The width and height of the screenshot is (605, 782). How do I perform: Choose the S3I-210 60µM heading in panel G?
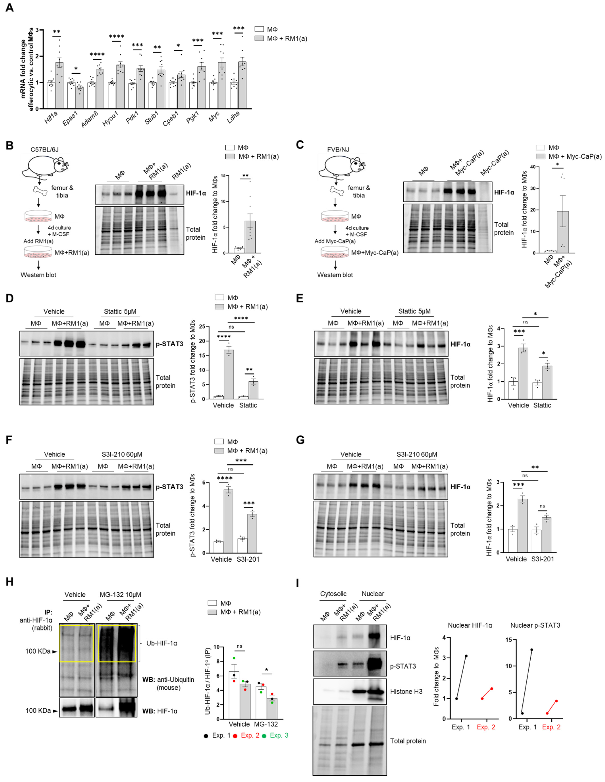(x=417, y=454)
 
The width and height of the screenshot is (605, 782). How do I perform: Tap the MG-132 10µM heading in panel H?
(x=120, y=594)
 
